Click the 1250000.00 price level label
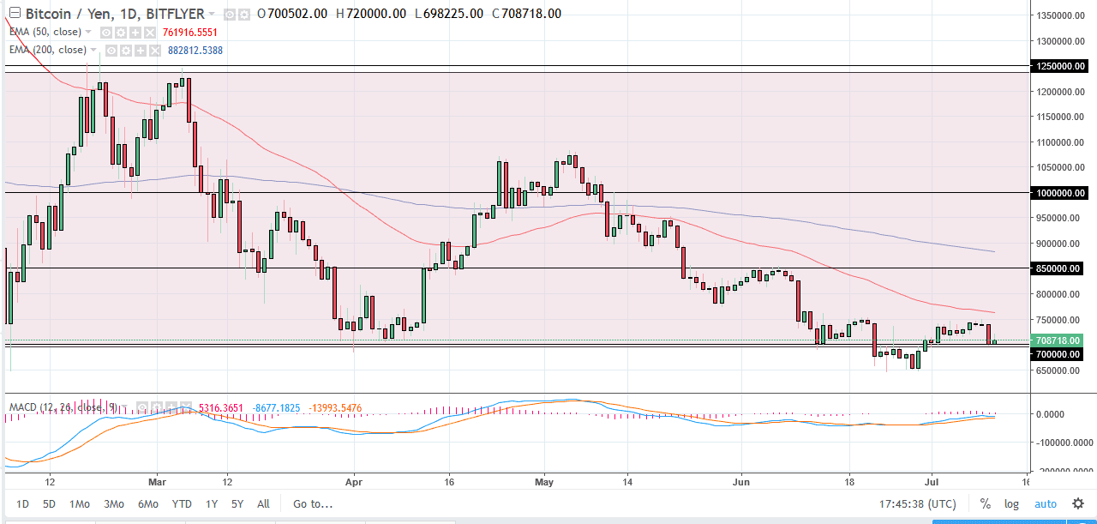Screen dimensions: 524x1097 1060,66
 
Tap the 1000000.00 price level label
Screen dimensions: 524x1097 1060,193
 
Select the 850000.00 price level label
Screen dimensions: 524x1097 1060,268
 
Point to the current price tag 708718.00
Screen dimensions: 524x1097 1060,340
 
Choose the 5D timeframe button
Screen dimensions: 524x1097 50,503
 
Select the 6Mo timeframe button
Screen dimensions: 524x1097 147,503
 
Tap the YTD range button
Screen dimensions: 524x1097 181,503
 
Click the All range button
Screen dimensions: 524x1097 263,503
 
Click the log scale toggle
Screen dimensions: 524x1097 1011,503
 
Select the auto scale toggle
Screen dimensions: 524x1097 1046,503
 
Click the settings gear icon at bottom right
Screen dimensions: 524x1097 1078,503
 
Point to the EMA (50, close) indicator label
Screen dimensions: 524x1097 45,32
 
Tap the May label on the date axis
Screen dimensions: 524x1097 543,481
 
